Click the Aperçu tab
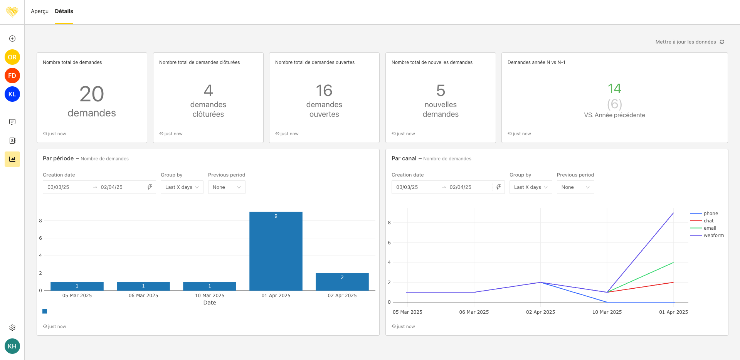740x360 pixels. point(40,11)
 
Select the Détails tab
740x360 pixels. point(64,11)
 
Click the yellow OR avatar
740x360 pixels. point(12,57)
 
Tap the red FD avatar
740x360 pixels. point(12,76)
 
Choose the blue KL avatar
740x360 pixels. point(12,94)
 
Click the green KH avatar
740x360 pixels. point(12,346)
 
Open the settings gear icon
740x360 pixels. point(12,328)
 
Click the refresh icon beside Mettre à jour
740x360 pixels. point(722,42)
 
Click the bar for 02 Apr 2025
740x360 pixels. point(342,282)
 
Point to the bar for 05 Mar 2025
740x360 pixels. point(77,286)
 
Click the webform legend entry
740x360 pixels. point(713,236)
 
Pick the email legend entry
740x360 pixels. point(710,228)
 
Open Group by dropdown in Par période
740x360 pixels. point(182,187)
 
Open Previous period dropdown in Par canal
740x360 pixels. point(575,187)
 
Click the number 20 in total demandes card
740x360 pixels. point(92,94)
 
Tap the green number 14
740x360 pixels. point(614,89)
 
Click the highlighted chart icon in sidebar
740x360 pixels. point(12,159)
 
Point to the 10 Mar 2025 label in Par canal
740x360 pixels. point(607,312)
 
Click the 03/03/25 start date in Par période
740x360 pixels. point(59,187)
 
